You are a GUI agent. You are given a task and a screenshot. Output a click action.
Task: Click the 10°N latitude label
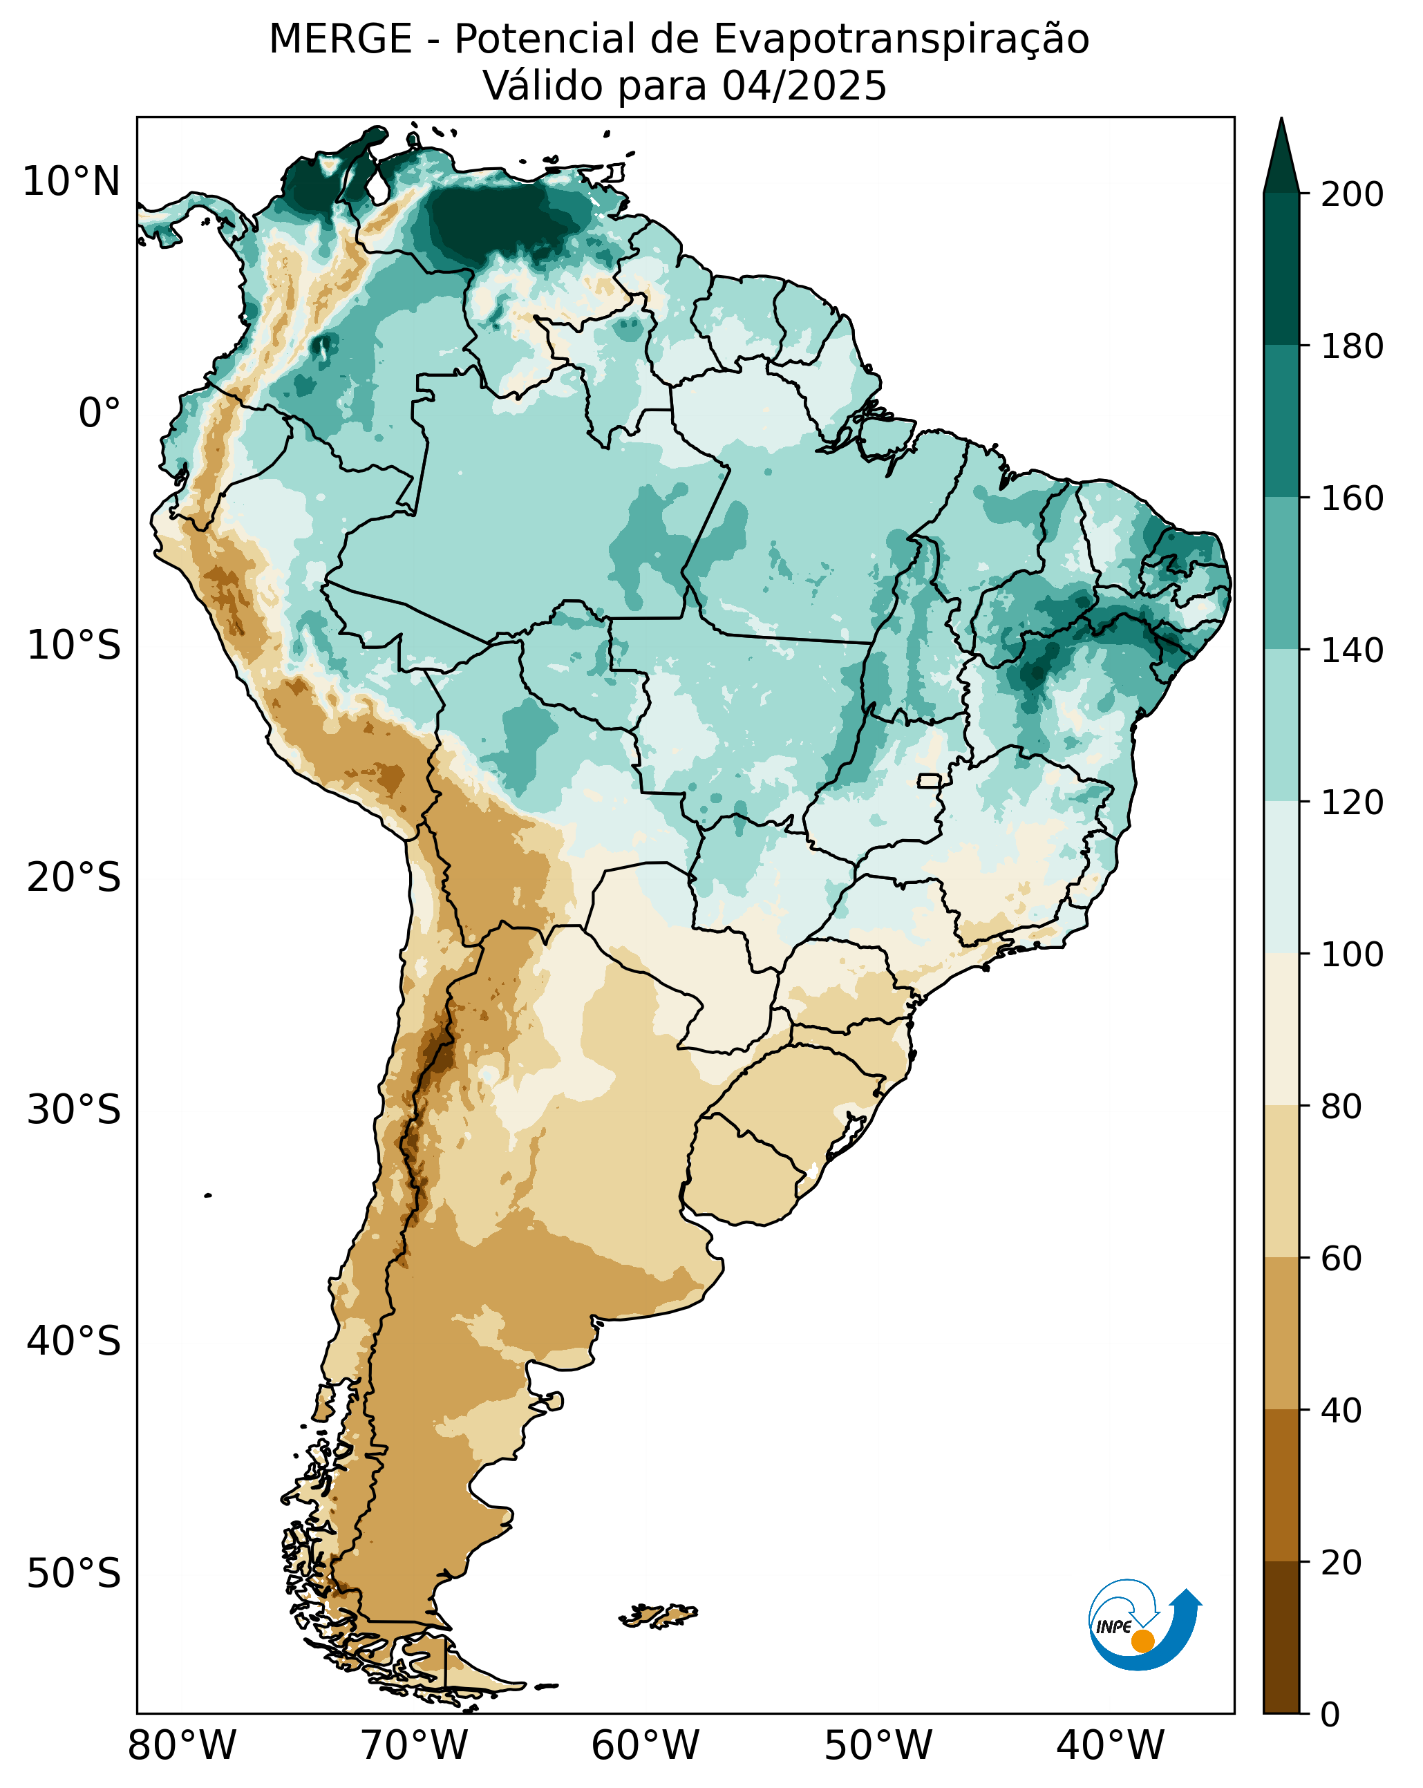[71, 182]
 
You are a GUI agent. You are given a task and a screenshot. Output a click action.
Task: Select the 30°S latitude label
[74, 1109]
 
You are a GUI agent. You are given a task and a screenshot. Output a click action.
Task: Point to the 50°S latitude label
[74, 1573]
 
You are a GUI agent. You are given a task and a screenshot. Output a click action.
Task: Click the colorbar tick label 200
[1352, 195]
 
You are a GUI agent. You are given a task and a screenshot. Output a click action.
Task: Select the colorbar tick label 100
[1352, 954]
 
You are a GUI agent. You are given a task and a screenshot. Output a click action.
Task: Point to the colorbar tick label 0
[1330, 1714]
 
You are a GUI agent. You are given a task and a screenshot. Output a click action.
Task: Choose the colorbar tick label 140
[1352, 651]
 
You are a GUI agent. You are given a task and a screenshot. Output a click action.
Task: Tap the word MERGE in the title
[340, 39]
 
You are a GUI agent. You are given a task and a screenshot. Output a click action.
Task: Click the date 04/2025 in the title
[804, 86]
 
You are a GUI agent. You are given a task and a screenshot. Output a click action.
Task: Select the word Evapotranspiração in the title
[901, 39]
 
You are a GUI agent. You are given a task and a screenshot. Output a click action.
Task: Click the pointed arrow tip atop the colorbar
[1281, 137]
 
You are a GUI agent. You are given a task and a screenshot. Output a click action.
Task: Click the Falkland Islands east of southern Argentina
[659, 1615]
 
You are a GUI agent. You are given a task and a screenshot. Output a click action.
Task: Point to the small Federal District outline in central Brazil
[930, 780]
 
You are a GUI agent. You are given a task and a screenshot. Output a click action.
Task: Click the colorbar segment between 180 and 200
[1281, 270]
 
